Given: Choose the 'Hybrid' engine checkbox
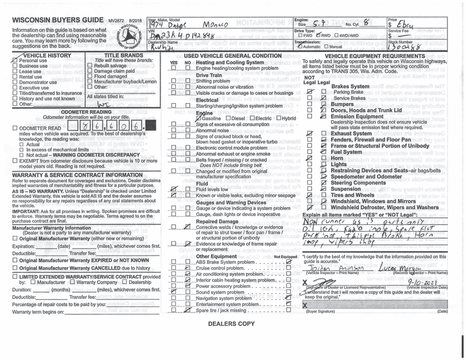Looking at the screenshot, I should click(x=277, y=119).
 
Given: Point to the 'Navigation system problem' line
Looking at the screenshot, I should click(x=225, y=298).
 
